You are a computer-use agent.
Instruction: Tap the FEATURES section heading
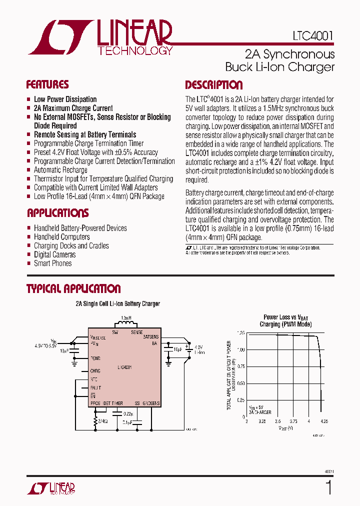click(x=47, y=84)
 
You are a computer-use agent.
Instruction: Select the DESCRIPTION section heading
click(x=213, y=85)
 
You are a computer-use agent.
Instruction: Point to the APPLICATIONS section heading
click(x=57, y=213)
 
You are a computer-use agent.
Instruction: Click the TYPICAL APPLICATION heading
click(x=73, y=289)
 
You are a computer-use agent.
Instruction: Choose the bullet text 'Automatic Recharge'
click(x=60, y=170)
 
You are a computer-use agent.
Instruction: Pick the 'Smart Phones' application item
click(x=52, y=263)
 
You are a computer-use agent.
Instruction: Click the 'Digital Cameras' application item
click(x=55, y=254)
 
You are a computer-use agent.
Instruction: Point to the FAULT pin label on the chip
click(x=95, y=388)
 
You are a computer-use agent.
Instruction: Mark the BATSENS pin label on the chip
click(x=150, y=337)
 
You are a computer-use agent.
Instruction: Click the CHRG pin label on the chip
click(x=95, y=371)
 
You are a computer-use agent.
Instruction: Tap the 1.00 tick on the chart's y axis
click(x=240, y=349)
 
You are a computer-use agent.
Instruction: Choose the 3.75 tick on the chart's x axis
click(x=293, y=421)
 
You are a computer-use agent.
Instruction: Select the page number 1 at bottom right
click(x=328, y=487)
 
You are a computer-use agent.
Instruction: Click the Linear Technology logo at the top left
click(x=100, y=38)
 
